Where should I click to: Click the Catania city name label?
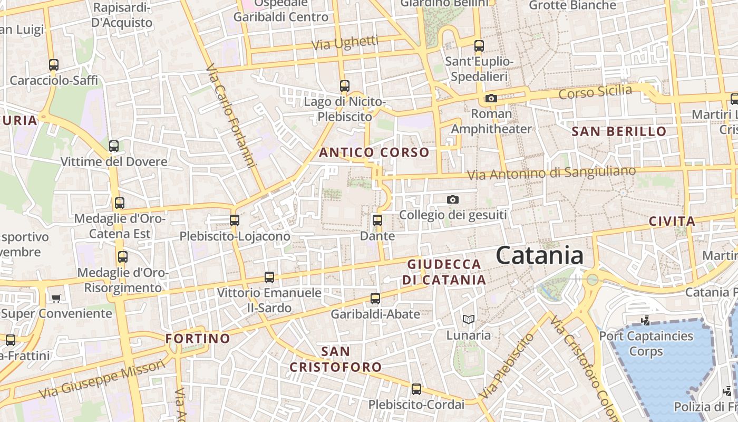tap(539, 256)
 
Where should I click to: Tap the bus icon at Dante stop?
tap(377, 220)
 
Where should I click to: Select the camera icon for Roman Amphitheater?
tap(491, 98)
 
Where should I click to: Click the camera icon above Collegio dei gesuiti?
tap(452, 199)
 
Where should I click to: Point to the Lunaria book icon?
tap(468, 319)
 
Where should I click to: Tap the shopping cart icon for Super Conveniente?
tap(56, 298)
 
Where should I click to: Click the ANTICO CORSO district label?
tap(374, 153)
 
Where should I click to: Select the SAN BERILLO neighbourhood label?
tap(619, 131)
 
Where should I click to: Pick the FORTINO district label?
tap(198, 339)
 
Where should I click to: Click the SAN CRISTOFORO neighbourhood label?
tap(335, 359)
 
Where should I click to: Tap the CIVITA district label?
tap(672, 222)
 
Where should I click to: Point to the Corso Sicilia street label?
tap(595, 92)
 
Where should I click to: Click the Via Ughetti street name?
tap(345, 43)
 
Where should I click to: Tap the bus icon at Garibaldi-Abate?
tap(375, 299)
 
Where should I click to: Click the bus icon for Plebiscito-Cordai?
tap(416, 389)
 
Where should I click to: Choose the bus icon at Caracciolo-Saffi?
tap(54, 65)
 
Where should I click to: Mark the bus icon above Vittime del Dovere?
tap(113, 146)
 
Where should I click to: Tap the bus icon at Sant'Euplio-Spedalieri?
tap(479, 46)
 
